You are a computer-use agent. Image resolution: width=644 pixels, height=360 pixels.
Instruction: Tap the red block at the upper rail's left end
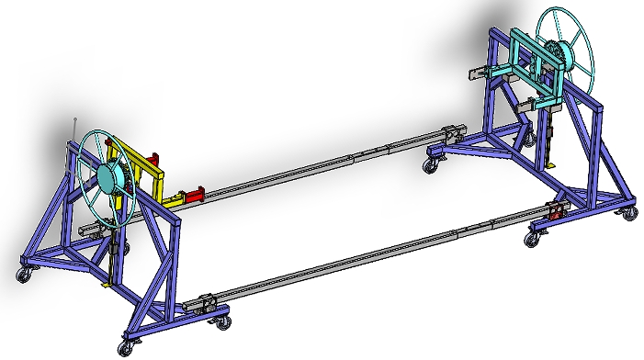194,196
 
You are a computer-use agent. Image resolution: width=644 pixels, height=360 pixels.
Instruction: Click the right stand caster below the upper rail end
430,164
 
